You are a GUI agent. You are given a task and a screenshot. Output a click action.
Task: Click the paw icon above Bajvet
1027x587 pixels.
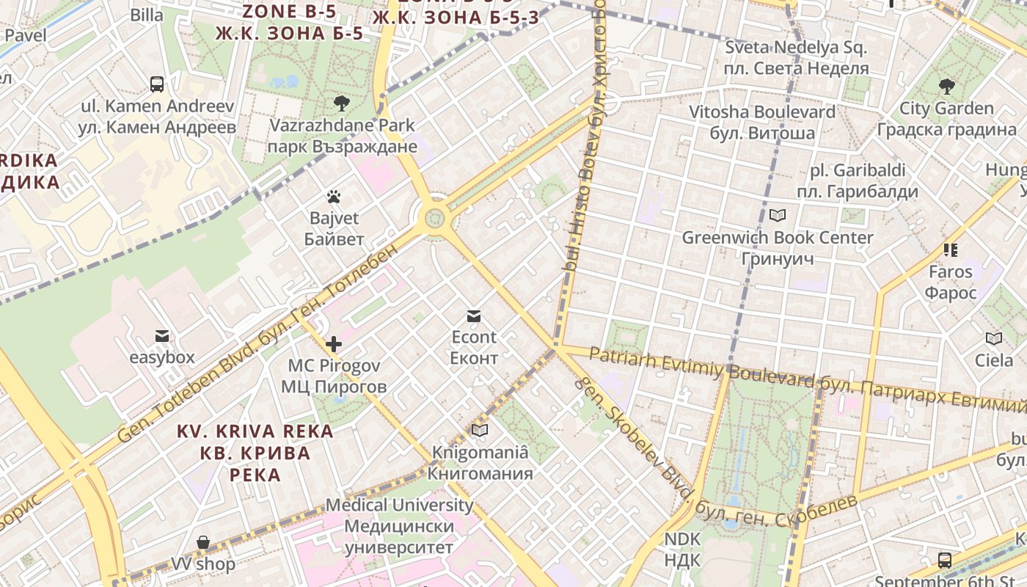334,197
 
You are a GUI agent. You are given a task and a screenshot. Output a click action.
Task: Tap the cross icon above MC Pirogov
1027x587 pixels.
334,343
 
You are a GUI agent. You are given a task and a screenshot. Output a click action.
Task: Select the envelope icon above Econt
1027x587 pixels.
474,316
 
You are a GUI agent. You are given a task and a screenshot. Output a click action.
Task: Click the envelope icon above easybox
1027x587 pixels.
162,336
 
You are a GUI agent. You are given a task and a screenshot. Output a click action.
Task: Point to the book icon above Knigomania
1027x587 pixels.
480,430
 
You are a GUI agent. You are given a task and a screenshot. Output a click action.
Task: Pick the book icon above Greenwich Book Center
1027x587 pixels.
778,216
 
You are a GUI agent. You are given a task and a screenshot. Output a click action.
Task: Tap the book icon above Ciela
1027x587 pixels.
994,338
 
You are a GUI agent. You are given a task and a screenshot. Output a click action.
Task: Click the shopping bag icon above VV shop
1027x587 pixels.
203,543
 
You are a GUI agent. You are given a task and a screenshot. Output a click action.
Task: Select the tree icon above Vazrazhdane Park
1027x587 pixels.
341,103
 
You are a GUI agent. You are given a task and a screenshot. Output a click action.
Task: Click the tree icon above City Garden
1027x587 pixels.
947,87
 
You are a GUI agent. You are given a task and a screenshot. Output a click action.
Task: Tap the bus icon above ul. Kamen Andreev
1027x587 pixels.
157,84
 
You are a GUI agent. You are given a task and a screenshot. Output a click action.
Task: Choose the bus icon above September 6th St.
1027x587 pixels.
945,561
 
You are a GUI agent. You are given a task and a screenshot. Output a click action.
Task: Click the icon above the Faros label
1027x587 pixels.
951,250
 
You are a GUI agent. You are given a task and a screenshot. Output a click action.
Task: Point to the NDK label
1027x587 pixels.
682,550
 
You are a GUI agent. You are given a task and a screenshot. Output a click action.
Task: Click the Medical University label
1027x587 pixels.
400,526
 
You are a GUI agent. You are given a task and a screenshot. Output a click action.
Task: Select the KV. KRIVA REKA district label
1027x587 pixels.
255,453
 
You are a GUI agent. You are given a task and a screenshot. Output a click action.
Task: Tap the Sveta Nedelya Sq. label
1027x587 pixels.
796,58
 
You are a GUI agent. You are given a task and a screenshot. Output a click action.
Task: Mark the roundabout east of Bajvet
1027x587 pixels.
435,217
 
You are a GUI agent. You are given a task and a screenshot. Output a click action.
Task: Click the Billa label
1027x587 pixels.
147,15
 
